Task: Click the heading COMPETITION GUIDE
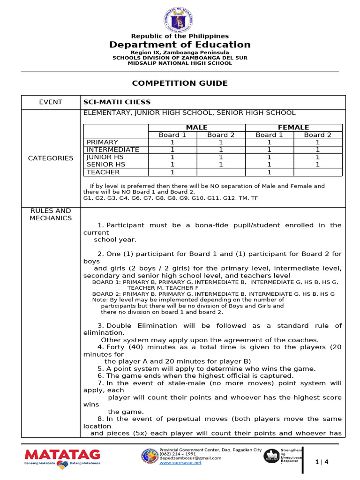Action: tap(180, 83)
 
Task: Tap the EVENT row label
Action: tap(51, 102)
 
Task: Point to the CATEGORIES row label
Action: tap(51, 158)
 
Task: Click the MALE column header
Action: tap(196, 127)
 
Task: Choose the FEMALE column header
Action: tap(293, 127)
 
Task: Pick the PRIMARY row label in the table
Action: tap(102, 142)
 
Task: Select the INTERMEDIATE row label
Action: tap(112, 150)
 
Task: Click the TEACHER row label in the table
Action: tap(103, 172)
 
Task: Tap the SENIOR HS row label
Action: tap(106, 165)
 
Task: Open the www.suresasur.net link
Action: tap(180, 463)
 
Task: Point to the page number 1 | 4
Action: tap(322, 462)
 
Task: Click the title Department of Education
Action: tap(180, 45)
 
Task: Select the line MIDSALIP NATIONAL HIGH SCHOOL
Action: tap(180, 63)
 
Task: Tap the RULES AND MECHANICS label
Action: tap(51, 214)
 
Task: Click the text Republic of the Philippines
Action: tap(180, 36)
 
